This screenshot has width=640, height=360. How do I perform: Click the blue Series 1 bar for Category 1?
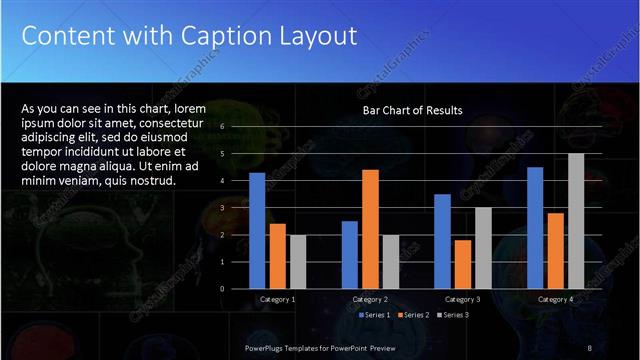point(257,230)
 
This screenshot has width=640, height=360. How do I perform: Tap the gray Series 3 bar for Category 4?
point(576,220)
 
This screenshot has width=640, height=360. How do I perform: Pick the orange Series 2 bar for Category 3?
point(463,264)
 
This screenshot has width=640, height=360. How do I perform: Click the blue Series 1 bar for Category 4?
point(535,227)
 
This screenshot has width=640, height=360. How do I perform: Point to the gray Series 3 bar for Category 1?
point(298,261)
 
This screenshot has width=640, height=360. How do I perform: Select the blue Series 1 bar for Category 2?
point(350,254)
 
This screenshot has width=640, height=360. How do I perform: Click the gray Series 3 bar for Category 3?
point(483,247)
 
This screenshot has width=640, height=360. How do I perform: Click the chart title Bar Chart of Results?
point(412,110)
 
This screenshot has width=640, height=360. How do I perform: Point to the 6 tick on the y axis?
point(236,127)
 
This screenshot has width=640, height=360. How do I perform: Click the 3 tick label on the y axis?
point(236,208)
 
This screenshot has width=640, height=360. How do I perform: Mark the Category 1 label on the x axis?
point(277,299)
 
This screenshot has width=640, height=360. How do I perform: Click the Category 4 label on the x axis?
point(555,299)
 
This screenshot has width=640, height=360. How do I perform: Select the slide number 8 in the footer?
point(590,347)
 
